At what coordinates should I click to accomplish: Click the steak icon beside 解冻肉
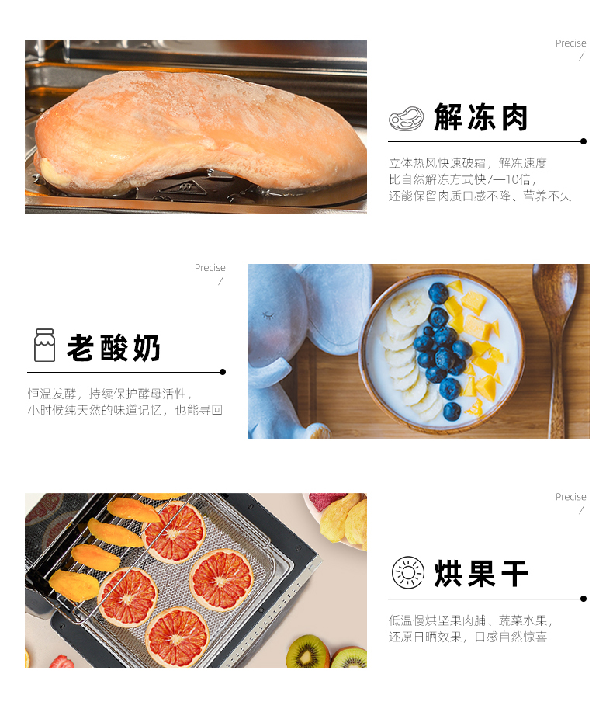click(x=406, y=119)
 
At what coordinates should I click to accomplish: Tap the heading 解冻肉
click(x=481, y=117)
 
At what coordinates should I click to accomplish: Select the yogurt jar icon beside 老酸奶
click(x=44, y=345)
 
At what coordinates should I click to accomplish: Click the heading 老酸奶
click(x=114, y=348)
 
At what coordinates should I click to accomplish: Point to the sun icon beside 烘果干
click(x=407, y=572)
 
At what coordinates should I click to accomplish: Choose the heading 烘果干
click(x=481, y=574)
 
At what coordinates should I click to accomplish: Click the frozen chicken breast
click(x=199, y=132)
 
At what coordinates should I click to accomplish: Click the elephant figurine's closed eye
click(x=268, y=315)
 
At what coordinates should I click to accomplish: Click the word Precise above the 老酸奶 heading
click(x=210, y=268)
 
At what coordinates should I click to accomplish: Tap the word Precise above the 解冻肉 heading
click(x=571, y=43)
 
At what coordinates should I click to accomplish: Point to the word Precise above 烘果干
click(x=571, y=497)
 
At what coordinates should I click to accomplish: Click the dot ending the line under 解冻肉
click(x=584, y=141)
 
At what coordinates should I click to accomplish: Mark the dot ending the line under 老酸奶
click(x=223, y=372)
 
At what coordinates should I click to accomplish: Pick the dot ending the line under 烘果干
click(x=584, y=599)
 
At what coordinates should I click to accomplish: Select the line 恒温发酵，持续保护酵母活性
click(x=110, y=394)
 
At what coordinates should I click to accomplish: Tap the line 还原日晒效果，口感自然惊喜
click(x=468, y=637)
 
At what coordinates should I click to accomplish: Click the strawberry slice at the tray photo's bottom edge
click(x=61, y=662)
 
